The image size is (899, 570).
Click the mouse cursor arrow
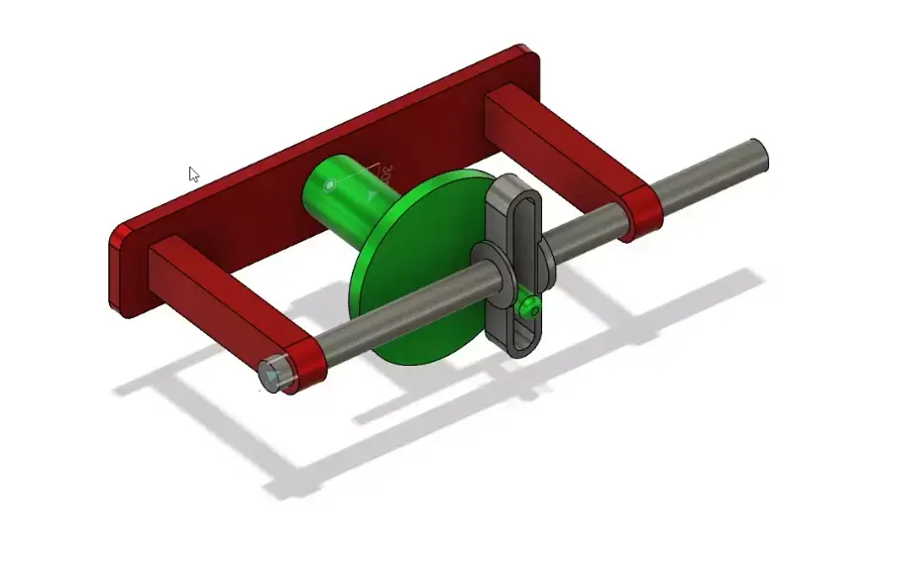(194, 174)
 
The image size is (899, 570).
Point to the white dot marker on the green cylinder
(329, 184)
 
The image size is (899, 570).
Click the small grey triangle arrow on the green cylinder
(372, 195)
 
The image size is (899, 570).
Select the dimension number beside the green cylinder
(387, 173)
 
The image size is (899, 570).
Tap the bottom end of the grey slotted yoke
(519, 346)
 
